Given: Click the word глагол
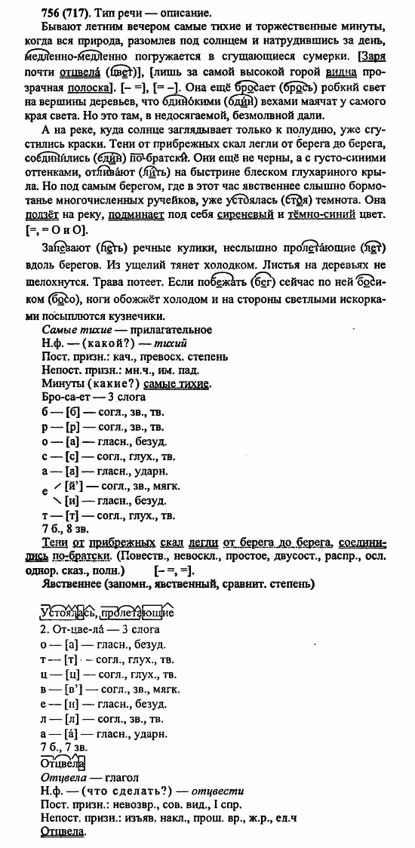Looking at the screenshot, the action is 111,776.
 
